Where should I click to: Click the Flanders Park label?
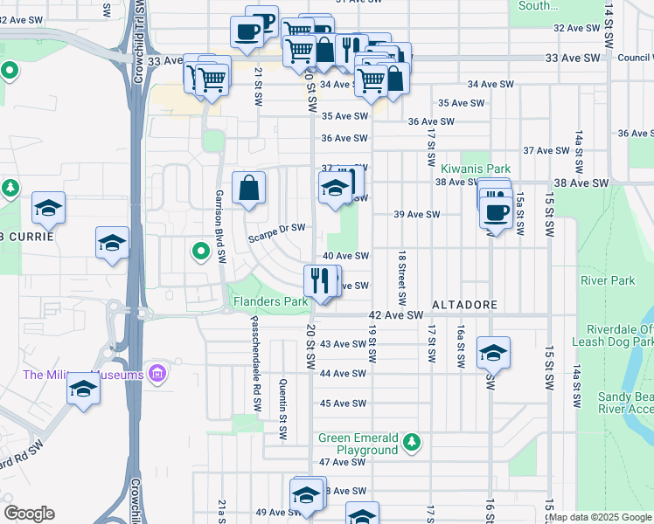pos(270,302)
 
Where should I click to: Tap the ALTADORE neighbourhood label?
pos(464,305)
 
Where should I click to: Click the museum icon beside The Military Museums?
pos(158,375)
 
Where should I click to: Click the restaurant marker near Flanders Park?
pos(319,280)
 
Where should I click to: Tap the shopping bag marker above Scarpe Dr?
pos(249,187)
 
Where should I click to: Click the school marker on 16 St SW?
pos(494,353)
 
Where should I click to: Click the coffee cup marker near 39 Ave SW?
pos(497,212)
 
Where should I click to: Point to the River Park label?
pos(608,280)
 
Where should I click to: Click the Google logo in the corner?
pos(29,514)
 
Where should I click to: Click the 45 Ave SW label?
pos(343,403)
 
